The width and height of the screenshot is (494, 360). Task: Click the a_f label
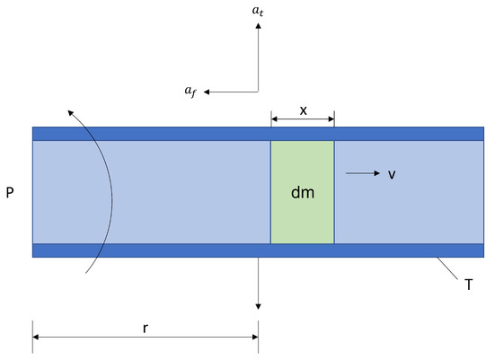[x=190, y=91]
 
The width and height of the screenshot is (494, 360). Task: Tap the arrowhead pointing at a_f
[x=207, y=91]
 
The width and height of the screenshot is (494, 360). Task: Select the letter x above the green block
[x=303, y=110]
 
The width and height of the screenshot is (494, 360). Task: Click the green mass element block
[x=303, y=215]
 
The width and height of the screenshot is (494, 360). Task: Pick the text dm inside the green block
[x=303, y=191]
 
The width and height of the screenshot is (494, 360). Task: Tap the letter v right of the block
[x=392, y=174]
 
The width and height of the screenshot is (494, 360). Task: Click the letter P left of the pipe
[x=10, y=192]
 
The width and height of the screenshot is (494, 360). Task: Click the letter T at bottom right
[x=468, y=284]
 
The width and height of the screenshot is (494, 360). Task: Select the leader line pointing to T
[x=447, y=268]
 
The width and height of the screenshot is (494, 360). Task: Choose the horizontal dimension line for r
[x=90, y=337]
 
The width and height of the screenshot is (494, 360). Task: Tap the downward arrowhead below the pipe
[x=258, y=306]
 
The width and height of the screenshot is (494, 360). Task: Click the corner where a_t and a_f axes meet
[x=258, y=91]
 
